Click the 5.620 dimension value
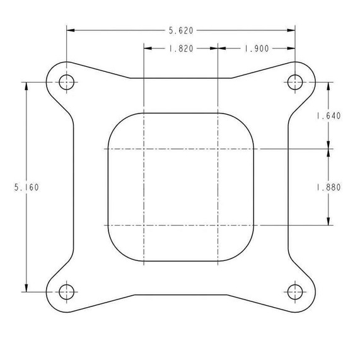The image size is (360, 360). (x=181, y=30)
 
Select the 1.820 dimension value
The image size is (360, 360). (x=181, y=48)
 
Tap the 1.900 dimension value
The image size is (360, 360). (x=256, y=48)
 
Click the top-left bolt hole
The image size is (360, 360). (x=66, y=81)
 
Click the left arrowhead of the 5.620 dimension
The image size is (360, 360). (x=69, y=30)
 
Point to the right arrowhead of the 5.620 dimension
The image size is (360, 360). (x=292, y=30)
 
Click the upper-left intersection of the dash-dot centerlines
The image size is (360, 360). (x=144, y=149)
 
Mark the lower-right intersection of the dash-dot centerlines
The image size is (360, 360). (x=218, y=224)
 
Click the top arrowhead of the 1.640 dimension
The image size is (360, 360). (x=328, y=84)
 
